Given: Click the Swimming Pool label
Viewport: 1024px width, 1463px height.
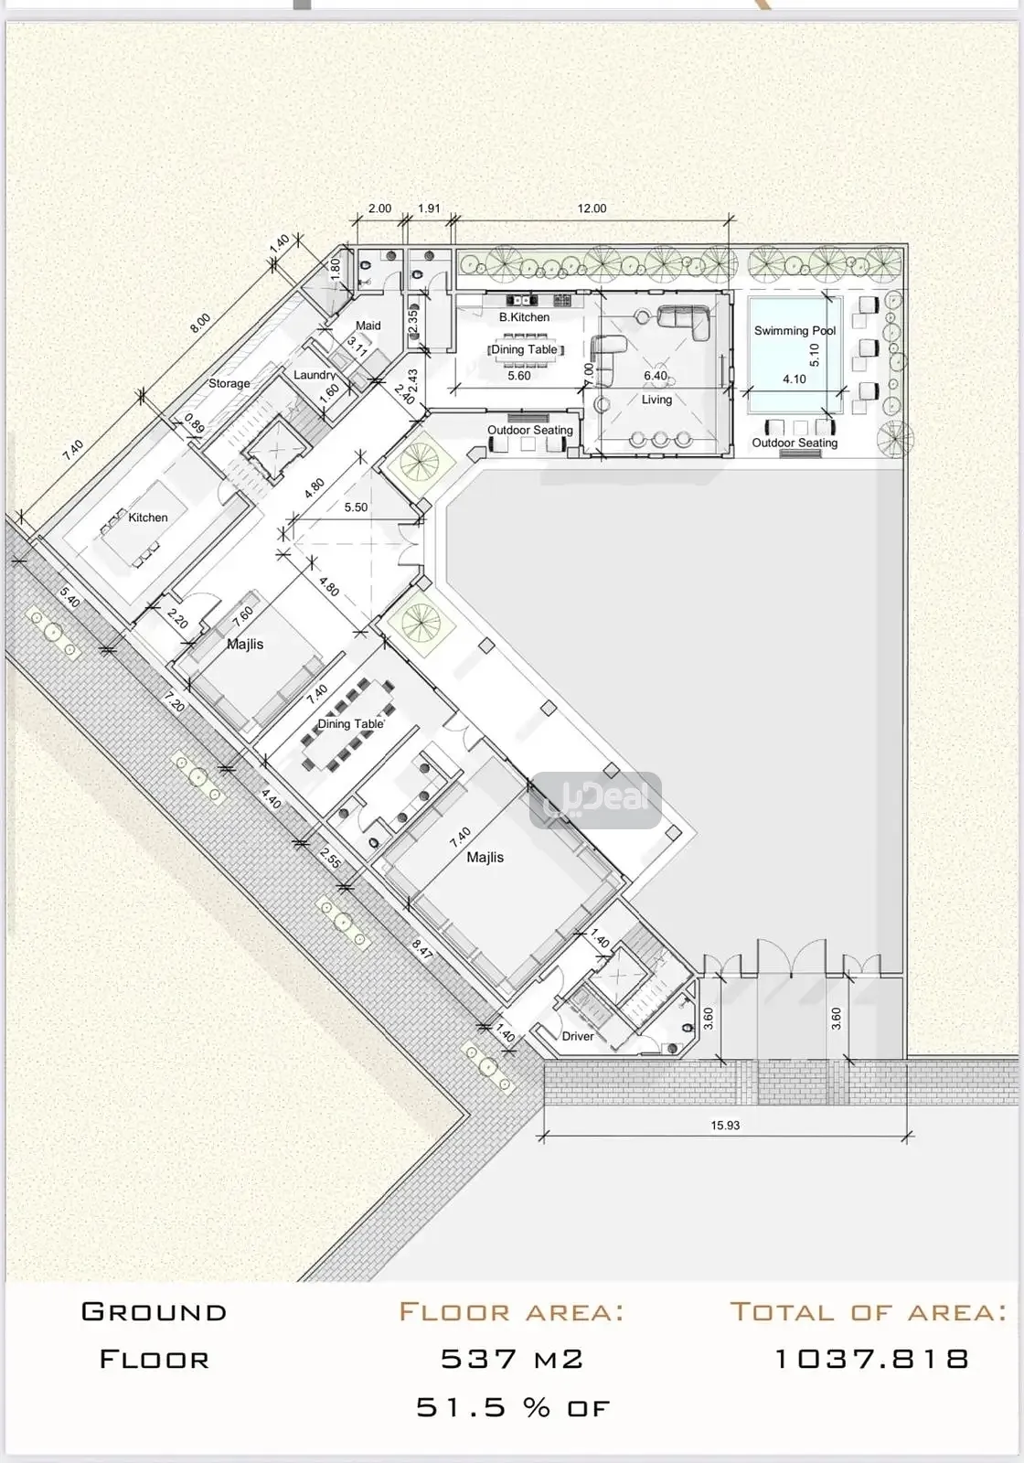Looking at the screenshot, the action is point(795,330).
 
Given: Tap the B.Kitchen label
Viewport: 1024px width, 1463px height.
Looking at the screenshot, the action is point(525,317).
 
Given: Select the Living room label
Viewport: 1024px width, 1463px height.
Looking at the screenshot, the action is point(656,400).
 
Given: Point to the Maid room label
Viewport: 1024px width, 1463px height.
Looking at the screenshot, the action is point(368,326).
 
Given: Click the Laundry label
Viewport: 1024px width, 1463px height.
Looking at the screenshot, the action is point(315,375).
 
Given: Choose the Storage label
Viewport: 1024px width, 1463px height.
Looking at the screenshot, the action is point(229,383).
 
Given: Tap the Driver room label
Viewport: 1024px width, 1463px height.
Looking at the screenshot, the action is point(578,1036).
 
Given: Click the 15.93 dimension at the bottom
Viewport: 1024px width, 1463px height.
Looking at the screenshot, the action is point(725,1126).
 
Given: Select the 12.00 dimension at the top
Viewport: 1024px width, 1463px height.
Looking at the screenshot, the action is point(592,208).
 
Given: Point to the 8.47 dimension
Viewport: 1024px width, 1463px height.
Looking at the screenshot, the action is point(421,948).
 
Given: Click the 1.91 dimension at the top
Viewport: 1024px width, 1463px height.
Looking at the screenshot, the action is point(429,208).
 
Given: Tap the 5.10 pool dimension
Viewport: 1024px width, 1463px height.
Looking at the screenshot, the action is point(815,355).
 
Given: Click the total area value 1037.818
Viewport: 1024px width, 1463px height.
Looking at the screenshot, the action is point(871,1359).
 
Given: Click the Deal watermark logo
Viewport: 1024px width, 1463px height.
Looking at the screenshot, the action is point(595,801).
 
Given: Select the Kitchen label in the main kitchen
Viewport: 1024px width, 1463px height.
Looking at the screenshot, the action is point(148,518).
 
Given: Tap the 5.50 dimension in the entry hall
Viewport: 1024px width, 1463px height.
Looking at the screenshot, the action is point(356,507).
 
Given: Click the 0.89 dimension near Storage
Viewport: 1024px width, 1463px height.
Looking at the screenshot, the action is point(194,423).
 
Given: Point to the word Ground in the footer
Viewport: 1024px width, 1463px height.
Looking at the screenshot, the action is point(155,1311).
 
